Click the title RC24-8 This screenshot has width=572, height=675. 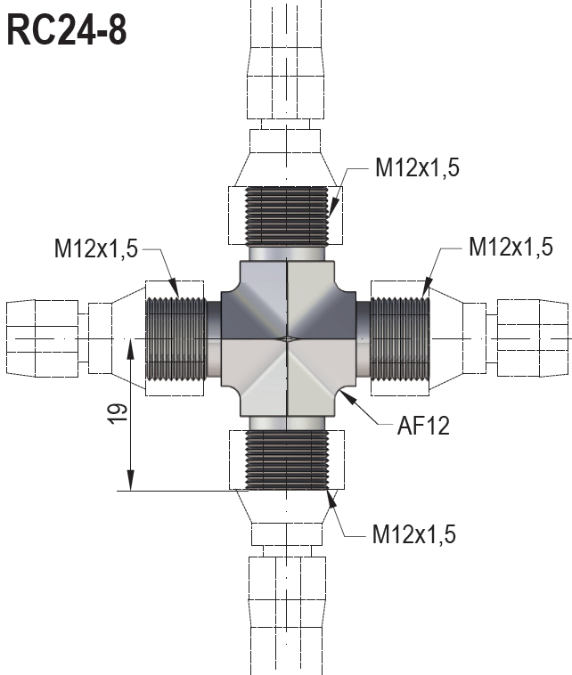(x=68, y=29)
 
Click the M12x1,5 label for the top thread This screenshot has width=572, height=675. (x=417, y=168)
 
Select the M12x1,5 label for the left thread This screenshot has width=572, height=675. (x=95, y=249)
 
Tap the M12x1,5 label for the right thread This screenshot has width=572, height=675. (x=511, y=247)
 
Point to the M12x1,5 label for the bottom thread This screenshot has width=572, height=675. (x=414, y=534)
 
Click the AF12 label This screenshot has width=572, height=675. (x=423, y=426)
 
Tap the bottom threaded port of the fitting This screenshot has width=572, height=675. (x=287, y=459)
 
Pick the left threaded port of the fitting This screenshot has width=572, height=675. (x=176, y=337)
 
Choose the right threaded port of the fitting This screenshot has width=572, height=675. (x=400, y=337)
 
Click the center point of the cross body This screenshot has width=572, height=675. (x=287, y=338)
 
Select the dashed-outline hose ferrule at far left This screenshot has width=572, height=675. (x=36, y=337)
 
